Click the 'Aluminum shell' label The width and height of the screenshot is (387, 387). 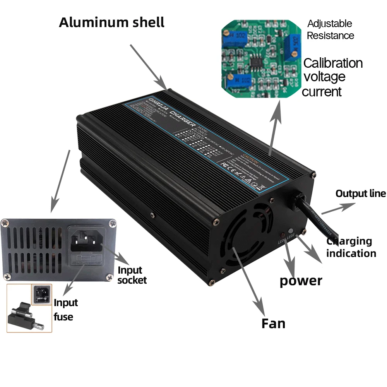(x=111, y=22)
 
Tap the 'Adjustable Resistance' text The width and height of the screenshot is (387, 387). (x=330, y=29)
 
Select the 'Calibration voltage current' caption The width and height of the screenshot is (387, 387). (x=332, y=77)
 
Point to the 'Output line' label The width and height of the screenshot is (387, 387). (x=361, y=193)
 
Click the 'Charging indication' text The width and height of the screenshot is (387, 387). (x=351, y=247)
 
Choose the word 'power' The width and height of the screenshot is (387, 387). (x=301, y=281)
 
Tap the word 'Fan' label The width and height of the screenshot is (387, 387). (x=273, y=323)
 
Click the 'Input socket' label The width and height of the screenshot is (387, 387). (x=132, y=275)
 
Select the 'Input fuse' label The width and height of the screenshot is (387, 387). (x=65, y=310)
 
